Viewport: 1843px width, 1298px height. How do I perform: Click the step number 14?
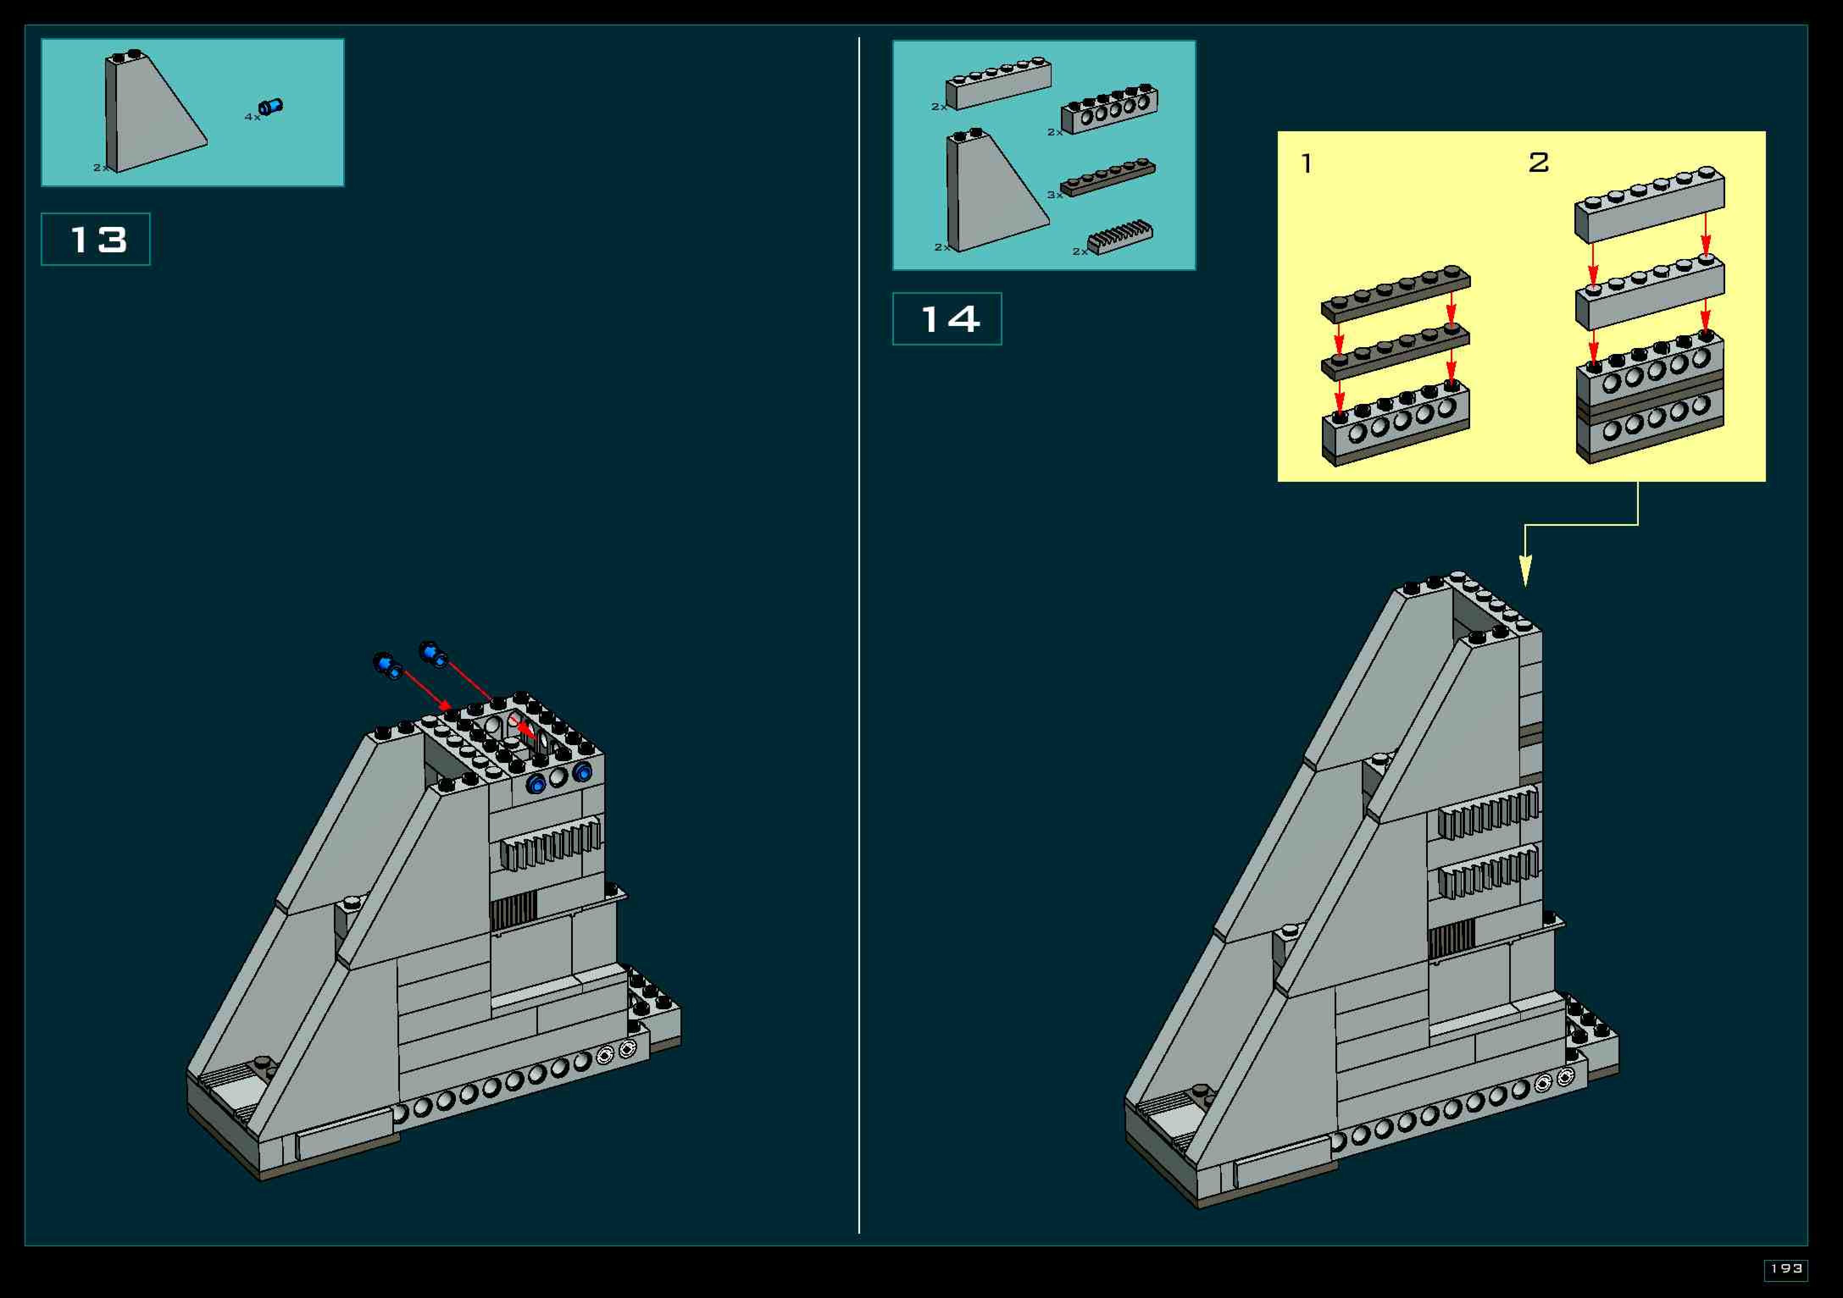(x=948, y=319)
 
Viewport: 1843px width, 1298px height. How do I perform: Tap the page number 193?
(x=1785, y=1268)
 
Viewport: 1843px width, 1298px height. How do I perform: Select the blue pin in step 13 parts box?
(x=270, y=107)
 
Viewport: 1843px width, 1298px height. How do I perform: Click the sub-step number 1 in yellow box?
(x=1307, y=164)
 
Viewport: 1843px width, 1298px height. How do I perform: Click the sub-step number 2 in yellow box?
(x=1538, y=163)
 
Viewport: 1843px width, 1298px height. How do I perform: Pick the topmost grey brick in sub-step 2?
(x=1649, y=204)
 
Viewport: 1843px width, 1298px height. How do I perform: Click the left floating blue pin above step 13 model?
(x=388, y=665)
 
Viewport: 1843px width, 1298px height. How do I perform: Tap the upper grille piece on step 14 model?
(x=1488, y=812)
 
